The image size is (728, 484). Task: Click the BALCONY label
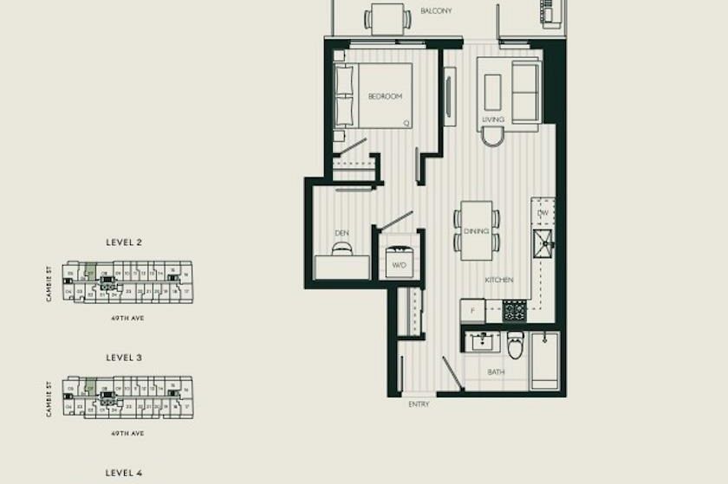tap(437, 10)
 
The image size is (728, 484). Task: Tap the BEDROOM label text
tap(385, 97)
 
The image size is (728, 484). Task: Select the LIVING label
tap(493, 119)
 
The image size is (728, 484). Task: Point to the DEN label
tap(341, 234)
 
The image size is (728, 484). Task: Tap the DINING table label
tap(476, 231)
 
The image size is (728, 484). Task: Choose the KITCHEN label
tap(499, 280)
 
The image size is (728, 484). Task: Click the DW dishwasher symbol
tap(543, 213)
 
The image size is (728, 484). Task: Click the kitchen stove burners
tap(515, 311)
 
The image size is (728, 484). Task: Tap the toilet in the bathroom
tap(516, 345)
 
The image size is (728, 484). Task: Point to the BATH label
tap(496, 372)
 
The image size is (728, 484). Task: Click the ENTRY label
tap(419, 404)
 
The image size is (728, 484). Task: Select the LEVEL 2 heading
tap(124, 242)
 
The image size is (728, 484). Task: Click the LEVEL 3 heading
tap(124, 357)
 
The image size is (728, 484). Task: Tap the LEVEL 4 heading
tap(124, 473)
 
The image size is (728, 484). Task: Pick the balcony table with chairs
tap(387, 18)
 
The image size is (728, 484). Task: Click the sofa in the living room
tap(525, 91)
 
